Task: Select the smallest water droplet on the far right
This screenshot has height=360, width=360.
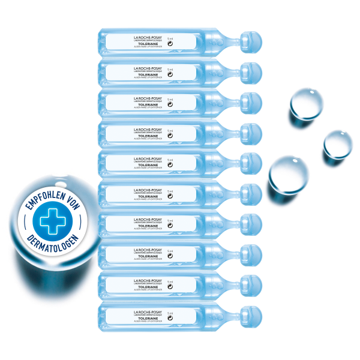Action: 336,145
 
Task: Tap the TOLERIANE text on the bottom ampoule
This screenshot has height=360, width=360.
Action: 147,318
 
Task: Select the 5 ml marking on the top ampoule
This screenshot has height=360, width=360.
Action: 170,38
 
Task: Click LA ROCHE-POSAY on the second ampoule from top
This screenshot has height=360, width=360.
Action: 147,68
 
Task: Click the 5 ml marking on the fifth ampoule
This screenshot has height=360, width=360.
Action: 170,160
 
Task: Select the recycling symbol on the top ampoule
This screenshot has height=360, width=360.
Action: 170,44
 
